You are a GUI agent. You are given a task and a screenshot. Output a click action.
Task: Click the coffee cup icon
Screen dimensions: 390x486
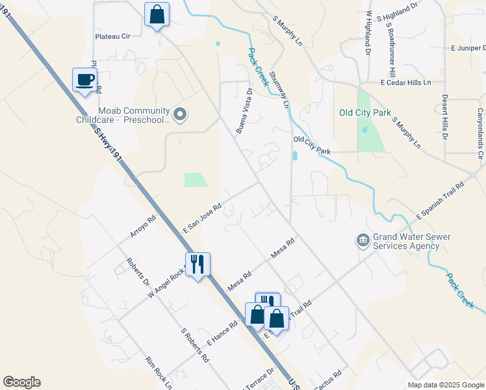pyautogui.click(x=84, y=80)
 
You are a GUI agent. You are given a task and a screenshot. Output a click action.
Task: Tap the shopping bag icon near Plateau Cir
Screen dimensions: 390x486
pyautogui.click(x=157, y=14)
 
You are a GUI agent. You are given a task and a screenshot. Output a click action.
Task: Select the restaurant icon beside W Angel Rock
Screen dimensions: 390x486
pyautogui.click(x=198, y=264)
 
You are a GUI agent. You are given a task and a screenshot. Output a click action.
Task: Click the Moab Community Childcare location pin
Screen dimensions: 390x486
pyautogui.click(x=181, y=115)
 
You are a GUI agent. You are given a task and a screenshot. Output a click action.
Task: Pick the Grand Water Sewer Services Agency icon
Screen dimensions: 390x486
pyautogui.click(x=362, y=241)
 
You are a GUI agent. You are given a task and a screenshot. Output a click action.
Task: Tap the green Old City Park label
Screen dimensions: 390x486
pyautogui.click(x=365, y=112)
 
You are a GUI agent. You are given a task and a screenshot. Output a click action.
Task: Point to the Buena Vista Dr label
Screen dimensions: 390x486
pyautogui.click(x=243, y=110)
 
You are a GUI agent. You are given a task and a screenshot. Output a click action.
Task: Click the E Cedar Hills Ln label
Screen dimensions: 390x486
pyautogui.click(x=405, y=83)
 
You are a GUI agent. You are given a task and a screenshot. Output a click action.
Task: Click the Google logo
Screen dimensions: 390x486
pyautogui.click(x=21, y=382)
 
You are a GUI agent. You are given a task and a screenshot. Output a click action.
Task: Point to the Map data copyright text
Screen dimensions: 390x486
pyautogui.click(x=445, y=385)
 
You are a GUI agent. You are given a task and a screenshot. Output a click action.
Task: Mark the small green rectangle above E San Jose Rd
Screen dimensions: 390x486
pyautogui.click(x=196, y=180)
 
